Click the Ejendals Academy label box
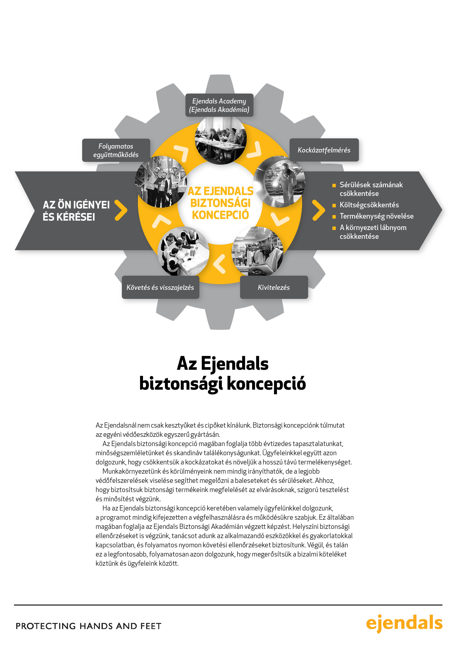point(219,105)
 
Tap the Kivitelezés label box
point(274,287)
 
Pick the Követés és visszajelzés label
point(160,287)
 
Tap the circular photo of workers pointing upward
point(161,181)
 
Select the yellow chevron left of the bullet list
point(318,210)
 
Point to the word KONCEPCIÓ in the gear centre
point(220,215)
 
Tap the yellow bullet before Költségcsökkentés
point(334,205)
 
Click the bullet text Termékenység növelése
point(376,216)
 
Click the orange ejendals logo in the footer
point(404,623)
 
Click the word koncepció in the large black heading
point(266,383)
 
